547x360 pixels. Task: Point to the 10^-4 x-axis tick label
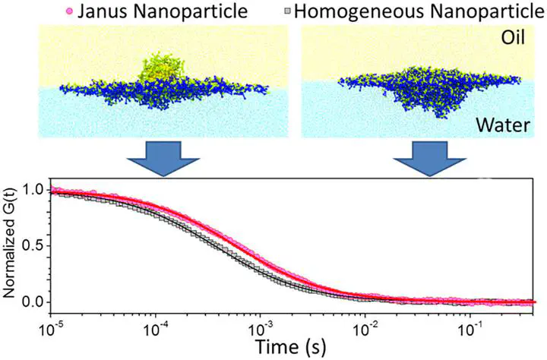click(x=155, y=328)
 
